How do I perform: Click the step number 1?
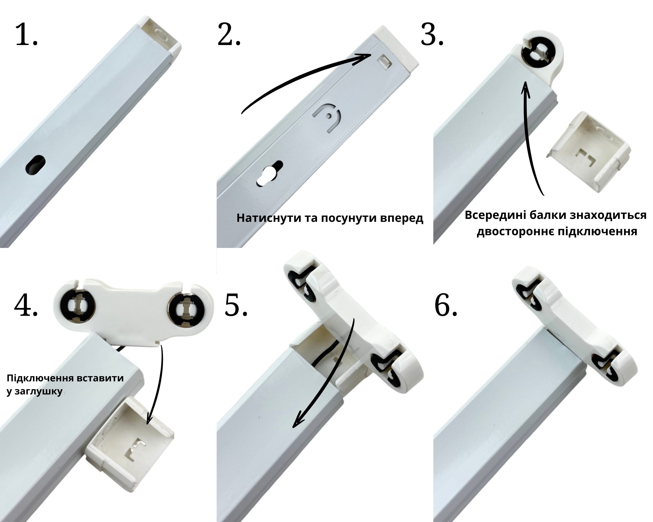click(26, 35)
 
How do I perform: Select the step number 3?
click(432, 35)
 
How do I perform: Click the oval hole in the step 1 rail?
click(35, 164)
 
